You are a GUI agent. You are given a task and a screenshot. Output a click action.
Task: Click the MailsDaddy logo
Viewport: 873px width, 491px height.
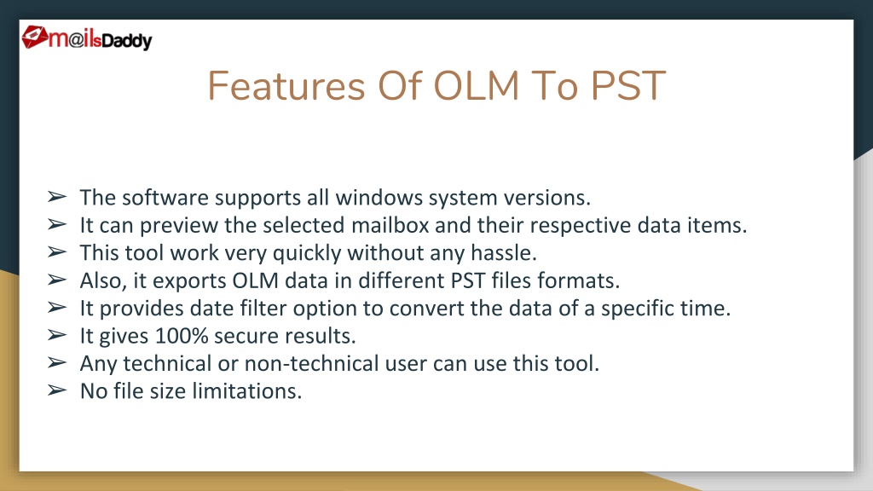coord(87,38)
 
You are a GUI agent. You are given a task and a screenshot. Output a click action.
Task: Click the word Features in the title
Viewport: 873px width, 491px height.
coord(286,86)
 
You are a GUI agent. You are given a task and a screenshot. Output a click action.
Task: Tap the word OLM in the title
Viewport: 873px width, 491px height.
coord(476,86)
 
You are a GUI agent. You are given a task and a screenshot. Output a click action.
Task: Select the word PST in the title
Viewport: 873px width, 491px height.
coord(627,86)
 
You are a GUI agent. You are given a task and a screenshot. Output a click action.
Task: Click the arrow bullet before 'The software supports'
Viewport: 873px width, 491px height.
coord(57,197)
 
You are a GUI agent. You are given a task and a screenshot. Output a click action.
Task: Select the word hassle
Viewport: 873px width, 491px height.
coord(503,252)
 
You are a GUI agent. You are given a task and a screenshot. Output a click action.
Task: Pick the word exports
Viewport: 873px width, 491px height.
coord(188,281)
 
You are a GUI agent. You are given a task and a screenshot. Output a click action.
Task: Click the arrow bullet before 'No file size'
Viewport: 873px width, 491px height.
coord(57,390)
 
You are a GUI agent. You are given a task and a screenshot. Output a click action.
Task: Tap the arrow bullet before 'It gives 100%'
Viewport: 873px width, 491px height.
coord(57,335)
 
